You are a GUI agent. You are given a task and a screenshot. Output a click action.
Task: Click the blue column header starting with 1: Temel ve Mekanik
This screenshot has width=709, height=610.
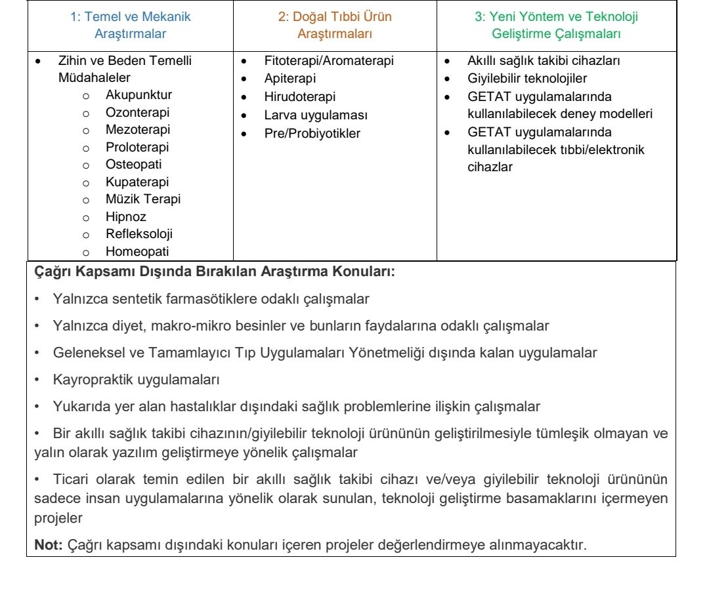point(130,25)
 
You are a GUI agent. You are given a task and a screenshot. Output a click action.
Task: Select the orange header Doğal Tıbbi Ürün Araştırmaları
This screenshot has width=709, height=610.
point(334,25)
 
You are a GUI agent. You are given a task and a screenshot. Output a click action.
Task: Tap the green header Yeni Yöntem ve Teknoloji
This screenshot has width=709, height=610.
point(555,25)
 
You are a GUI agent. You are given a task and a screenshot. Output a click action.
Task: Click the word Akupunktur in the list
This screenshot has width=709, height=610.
point(139,94)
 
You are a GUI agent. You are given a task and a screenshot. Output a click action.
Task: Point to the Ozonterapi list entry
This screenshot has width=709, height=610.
point(137,112)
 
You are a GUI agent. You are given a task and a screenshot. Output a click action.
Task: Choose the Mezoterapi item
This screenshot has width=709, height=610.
point(137,129)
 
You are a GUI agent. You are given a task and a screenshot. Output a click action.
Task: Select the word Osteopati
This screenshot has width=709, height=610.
point(133,164)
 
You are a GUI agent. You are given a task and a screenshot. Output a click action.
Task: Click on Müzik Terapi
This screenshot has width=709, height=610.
point(142,199)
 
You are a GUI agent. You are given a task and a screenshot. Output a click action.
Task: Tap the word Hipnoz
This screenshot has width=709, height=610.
point(126,216)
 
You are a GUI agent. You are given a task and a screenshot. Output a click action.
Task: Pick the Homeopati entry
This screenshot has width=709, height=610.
point(137,251)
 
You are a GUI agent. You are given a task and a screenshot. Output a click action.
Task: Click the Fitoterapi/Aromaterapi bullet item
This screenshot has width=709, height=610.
point(329,61)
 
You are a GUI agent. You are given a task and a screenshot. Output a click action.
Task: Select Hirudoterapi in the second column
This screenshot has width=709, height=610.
point(299,96)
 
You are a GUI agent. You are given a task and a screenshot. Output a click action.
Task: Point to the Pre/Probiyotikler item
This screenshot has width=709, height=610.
point(312,133)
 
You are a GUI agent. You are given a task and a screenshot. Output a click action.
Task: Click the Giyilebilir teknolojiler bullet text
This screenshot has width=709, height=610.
point(527,79)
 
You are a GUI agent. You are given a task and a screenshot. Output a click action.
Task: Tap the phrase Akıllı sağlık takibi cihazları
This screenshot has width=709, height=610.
point(544,61)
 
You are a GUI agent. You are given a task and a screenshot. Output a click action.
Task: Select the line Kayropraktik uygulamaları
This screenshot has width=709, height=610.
point(136,379)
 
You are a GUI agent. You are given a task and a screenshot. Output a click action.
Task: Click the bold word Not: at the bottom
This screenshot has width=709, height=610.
point(47,544)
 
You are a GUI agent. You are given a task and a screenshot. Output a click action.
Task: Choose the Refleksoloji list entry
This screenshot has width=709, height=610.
point(139,234)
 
